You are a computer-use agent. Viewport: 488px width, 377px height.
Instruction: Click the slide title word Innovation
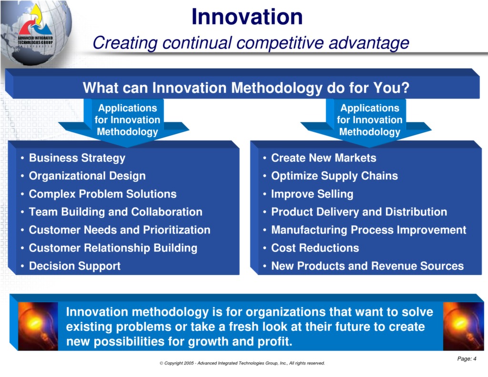[x=247, y=17]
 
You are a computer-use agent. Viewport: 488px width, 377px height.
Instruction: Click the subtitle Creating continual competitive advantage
[x=251, y=43]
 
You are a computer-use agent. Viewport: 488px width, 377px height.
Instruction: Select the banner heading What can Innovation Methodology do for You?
[x=246, y=88]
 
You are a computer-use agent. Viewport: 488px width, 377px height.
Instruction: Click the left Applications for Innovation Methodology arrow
[x=127, y=120]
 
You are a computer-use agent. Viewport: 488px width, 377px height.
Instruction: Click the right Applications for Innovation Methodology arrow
[x=369, y=120]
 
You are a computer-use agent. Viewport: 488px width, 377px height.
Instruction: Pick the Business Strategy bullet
[x=77, y=158]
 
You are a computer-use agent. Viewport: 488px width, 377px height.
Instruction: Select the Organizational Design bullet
[x=87, y=176]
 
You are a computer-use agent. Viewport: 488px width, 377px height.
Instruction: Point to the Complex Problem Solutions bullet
[x=102, y=194]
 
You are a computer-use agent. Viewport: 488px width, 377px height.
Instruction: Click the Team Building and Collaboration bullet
[x=115, y=212]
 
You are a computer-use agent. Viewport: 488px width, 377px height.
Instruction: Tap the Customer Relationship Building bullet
[x=113, y=248]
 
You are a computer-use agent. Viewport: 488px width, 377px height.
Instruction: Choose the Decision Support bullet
[x=74, y=266]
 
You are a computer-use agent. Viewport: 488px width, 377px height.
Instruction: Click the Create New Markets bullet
[x=323, y=158]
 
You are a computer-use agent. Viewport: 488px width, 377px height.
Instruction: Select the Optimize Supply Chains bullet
[x=334, y=176]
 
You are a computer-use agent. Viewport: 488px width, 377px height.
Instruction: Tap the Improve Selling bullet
[x=312, y=194]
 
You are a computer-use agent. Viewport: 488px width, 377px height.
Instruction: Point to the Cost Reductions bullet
[x=315, y=248]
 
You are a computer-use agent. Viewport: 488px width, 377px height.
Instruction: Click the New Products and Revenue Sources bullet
[x=367, y=266]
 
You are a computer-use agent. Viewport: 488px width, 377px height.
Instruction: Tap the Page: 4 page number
[x=467, y=359]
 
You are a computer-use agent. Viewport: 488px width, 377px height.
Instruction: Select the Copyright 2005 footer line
[x=242, y=363]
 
